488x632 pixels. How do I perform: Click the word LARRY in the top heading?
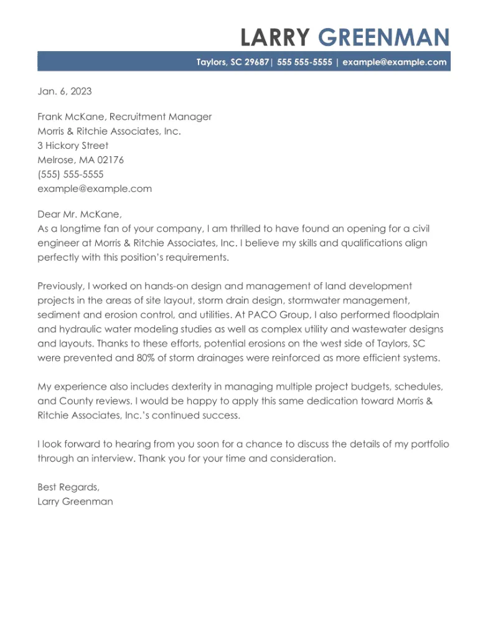coord(274,38)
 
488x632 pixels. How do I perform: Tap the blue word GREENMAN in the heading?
coord(383,38)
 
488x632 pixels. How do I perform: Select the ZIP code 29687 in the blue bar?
coord(256,62)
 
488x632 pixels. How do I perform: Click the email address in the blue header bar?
coord(395,62)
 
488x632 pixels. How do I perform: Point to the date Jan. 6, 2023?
coord(64,92)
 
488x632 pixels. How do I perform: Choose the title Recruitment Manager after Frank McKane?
coord(161,117)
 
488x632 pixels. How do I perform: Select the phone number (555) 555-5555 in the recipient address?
coord(70,174)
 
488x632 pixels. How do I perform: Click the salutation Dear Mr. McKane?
coord(80,214)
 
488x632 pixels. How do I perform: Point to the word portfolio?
coord(429,445)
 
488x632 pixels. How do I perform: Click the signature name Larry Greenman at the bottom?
coord(75,502)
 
